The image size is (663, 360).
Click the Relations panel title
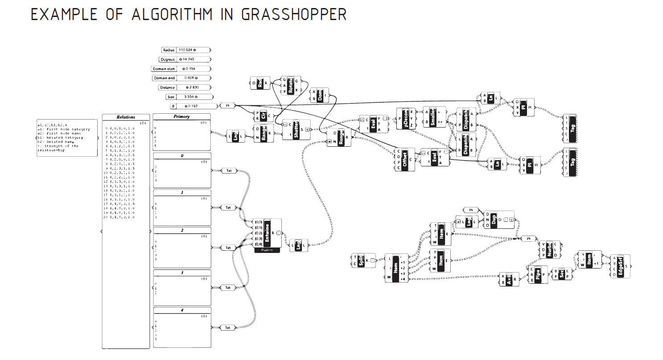click(x=126, y=117)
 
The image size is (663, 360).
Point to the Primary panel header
click(x=181, y=116)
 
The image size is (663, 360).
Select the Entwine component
click(x=268, y=232)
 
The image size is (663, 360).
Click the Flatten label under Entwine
click(x=267, y=250)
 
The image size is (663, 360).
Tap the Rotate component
click(x=291, y=85)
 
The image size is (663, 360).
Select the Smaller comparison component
click(x=433, y=117)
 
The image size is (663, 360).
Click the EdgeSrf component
click(x=621, y=266)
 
